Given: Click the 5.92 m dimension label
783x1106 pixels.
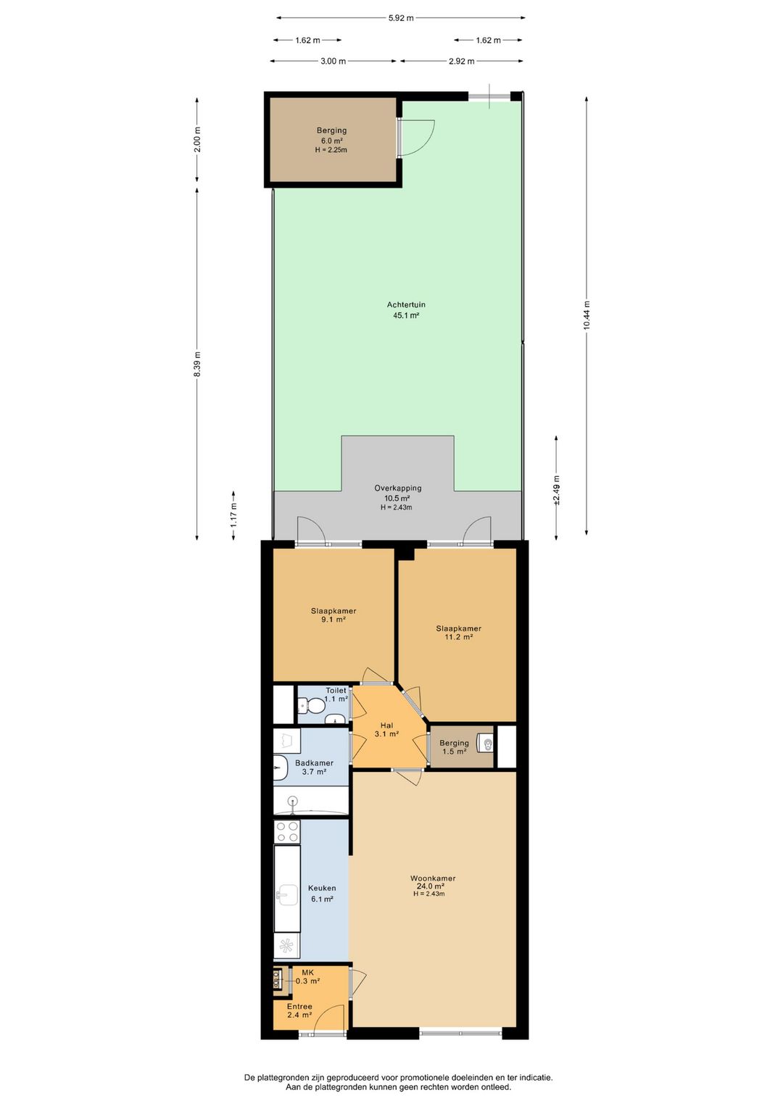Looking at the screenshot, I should pyautogui.click(x=400, y=18).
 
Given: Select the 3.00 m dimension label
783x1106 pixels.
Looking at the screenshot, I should pyautogui.click(x=333, y=62).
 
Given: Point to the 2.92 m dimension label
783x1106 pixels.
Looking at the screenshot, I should pyautogui.click(x=461, y=62).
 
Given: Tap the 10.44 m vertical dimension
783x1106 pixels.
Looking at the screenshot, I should pyautogui.click(x=587, y=316).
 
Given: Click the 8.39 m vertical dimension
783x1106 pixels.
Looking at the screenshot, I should pyautogui.click(x=197, y=363).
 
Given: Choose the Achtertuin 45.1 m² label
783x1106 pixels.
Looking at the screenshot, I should pyautogui.click(x=406, y=310).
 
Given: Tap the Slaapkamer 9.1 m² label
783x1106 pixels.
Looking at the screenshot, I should pyautogui.click(x=333, y=615).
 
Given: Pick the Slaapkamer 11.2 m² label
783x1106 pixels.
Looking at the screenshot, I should pyautogui.click(x=458, y=633).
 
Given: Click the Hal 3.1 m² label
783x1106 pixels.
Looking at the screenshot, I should pyautogui.click(x=386, y=730).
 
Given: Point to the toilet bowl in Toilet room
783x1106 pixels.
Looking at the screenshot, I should pyautogui.click(x=312, y=704).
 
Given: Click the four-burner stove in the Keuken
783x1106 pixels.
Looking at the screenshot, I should pyautogui.click(x=287, y=831).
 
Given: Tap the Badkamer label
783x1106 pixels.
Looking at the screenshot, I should pyautogui.click(x=314, y=767).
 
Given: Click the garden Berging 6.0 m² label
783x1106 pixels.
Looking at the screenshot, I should pyautogui.click(x=331, y=140).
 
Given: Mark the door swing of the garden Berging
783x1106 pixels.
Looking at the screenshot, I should pyautogui.click(x=418, y=138).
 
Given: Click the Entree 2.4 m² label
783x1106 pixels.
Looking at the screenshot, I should pyautogui.click(x=299, y=1011).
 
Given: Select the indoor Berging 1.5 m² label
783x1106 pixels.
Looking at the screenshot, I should pyautogui.click(x=454, y=747).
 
